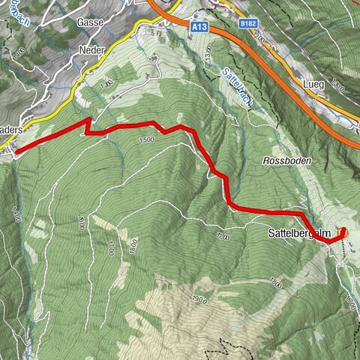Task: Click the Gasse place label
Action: tap(89, 22)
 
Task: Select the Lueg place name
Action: tap(313, 85)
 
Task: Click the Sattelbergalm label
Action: tap(299, 234)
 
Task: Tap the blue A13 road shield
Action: tap(199, 25)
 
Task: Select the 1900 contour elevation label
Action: tap(198, 300)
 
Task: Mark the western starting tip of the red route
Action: tap(16, 151)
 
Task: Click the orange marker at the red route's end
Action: tap(345, 233)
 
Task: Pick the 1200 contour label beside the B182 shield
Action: tap(259, 37)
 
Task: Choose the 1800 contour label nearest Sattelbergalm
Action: tap(275, 282)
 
